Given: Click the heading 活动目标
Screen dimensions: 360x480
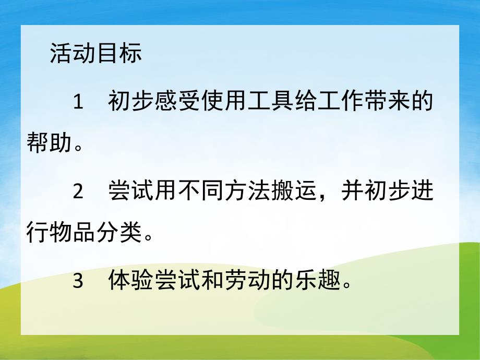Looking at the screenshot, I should [x=95, y=54].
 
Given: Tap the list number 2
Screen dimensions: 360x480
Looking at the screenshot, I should [x=78, y=191].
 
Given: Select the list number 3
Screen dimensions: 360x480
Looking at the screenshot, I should [x=78, y=282].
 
